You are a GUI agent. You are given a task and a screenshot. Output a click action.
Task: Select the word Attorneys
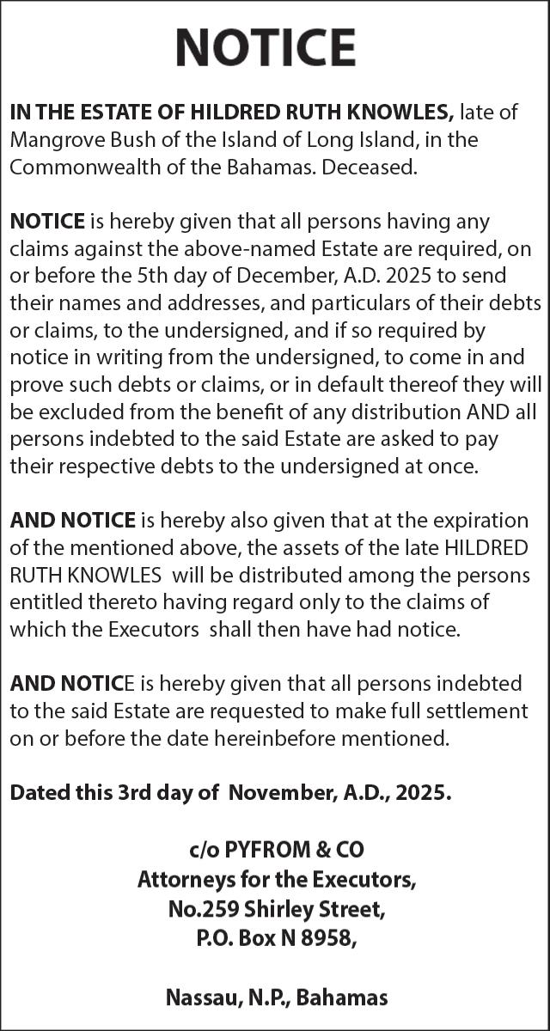[181, 879]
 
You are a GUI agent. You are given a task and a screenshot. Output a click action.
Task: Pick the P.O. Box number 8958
[320, 937]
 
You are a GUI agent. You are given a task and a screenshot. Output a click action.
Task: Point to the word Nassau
[202, 997]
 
